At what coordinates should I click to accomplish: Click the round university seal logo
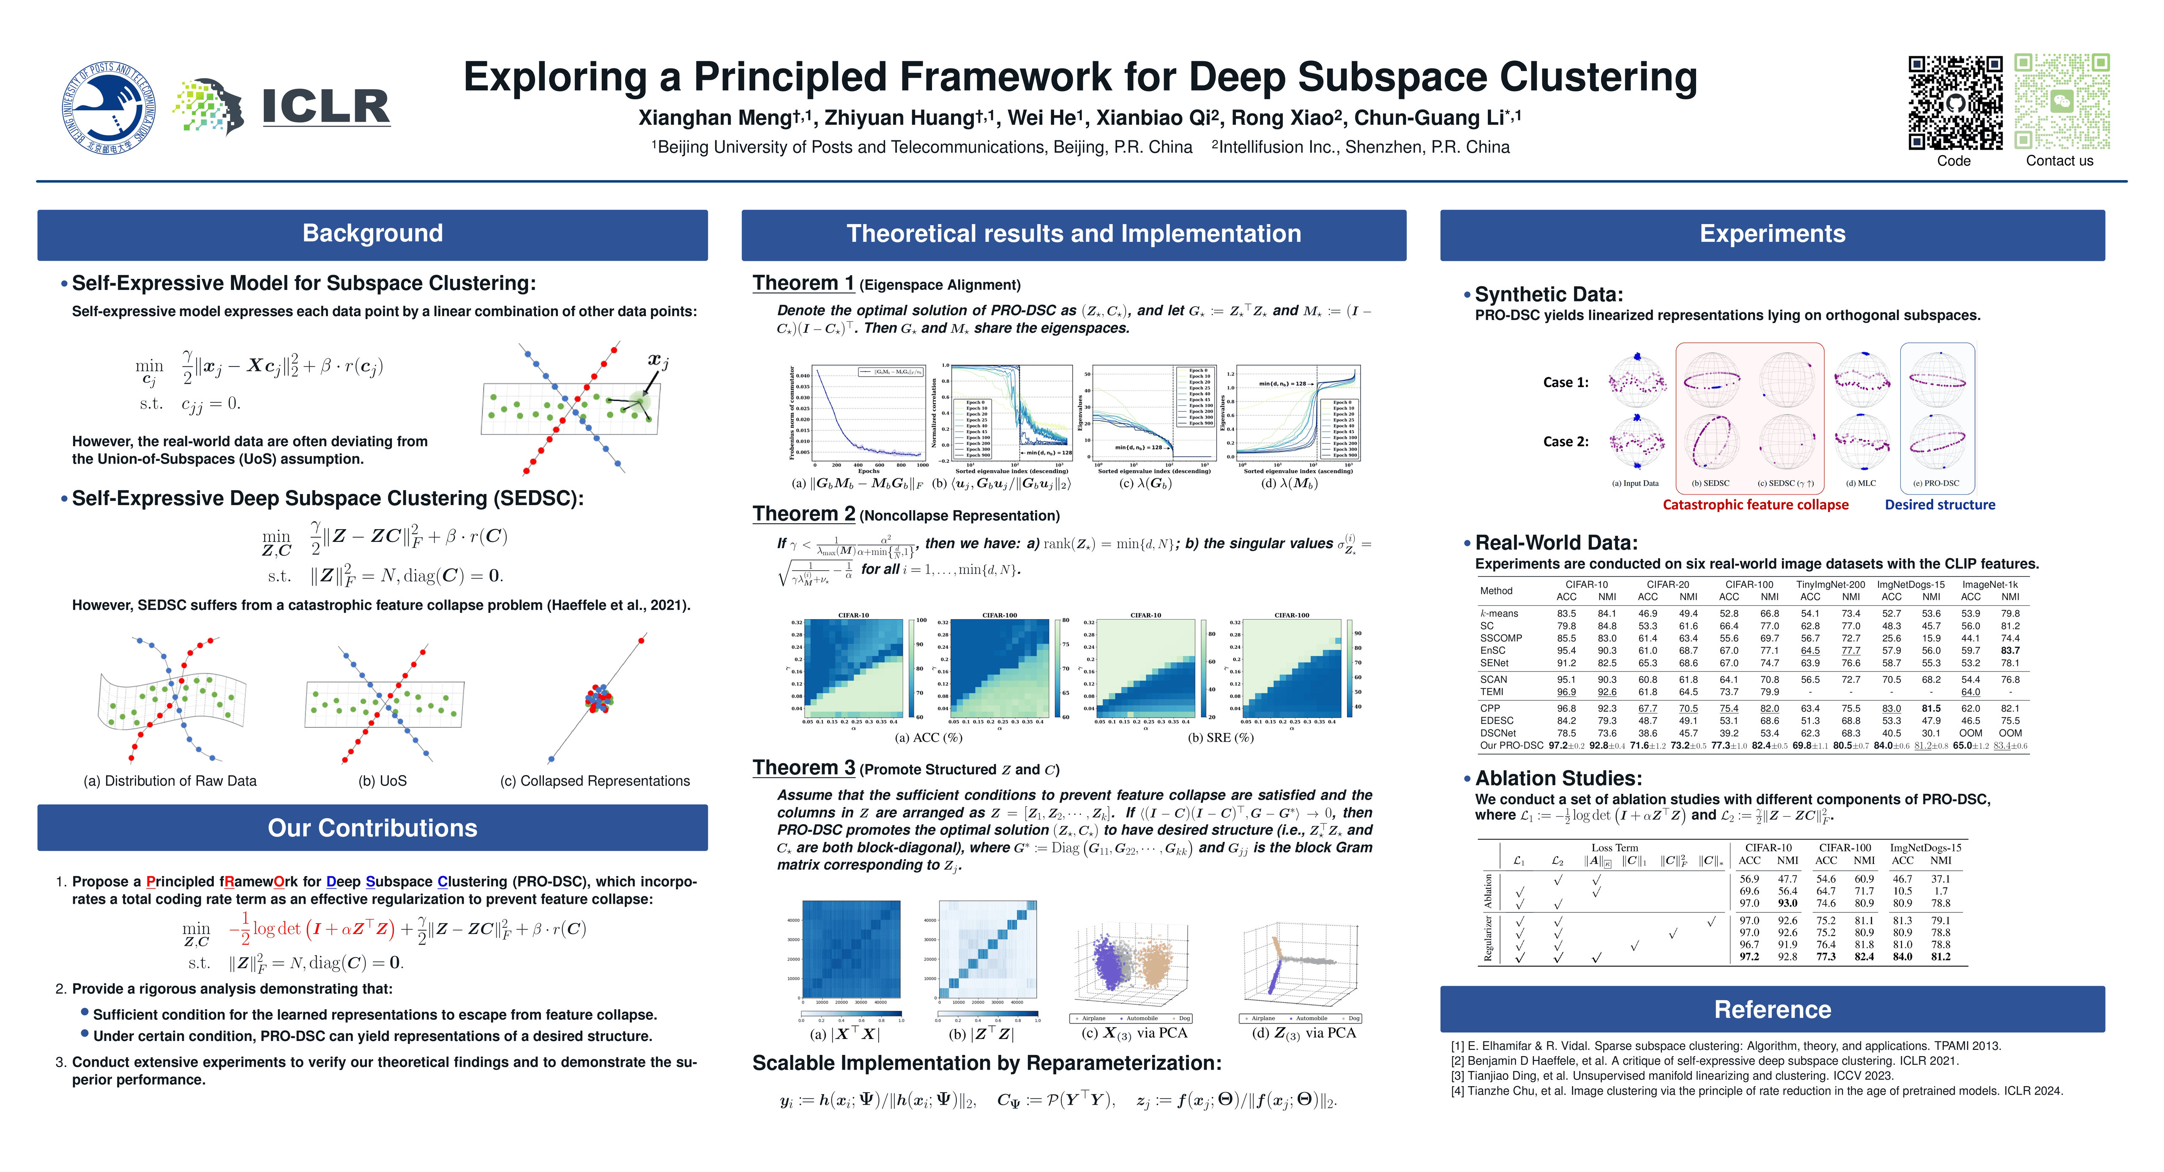[x=108, y=107]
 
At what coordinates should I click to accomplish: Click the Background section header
[x=372, y=234]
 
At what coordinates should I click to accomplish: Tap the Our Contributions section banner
[x=372, y=828]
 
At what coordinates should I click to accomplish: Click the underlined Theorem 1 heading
[x=803, y=284]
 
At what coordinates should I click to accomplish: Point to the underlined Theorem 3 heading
[x=803, y=768]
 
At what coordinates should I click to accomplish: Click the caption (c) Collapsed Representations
[x=595, y=781]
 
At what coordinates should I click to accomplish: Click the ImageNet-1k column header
[x=1989, y=585]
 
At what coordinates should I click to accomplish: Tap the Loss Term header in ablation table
[x=1614, y=848]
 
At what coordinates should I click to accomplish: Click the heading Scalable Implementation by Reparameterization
[x=986, y=1064]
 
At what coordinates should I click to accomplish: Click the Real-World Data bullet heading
[x=1556, y=543]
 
